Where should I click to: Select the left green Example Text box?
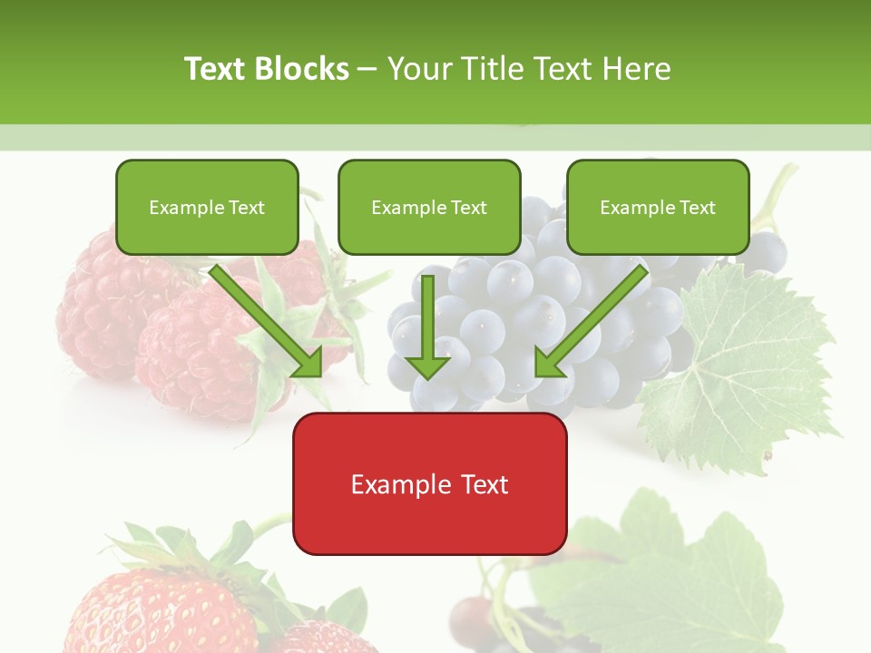click(207, 207)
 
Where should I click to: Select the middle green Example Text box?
click(429, 207)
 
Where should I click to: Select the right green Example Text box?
click(658, 207)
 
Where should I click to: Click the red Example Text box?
click(429, 483)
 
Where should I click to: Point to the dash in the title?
click(367, 70)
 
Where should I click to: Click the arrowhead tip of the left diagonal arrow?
click(319, 374)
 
